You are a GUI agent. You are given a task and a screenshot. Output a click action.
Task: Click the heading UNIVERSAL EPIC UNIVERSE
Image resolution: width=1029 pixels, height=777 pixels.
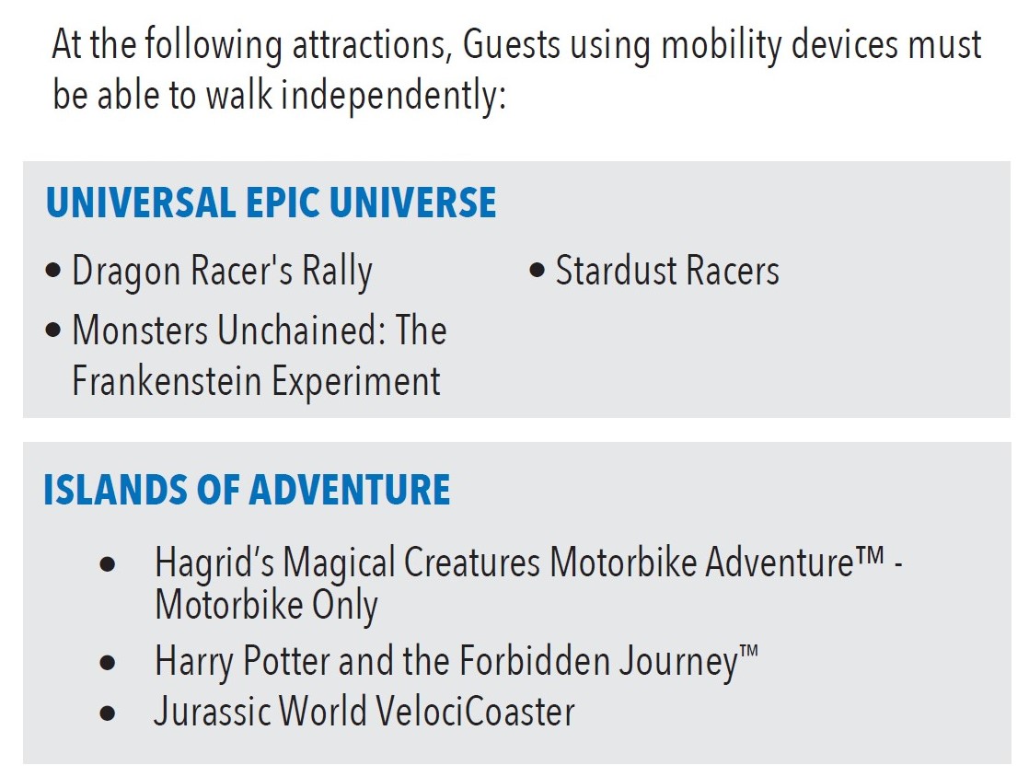click(x=271, y=203)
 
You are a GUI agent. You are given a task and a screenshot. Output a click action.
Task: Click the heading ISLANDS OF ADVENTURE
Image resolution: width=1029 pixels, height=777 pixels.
click(x=247, y=490)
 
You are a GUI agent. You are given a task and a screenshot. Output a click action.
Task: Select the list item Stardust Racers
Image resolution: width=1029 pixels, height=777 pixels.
click(x=667, y=271)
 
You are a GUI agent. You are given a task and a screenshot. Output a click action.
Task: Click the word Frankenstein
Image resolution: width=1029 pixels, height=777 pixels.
click(x=167, y=381)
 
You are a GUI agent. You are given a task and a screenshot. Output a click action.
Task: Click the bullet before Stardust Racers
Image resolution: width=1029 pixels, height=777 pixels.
click(x=537, y=271)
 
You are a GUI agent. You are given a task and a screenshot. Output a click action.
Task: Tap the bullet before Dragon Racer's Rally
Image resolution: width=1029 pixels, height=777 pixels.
click(x=53, y=271)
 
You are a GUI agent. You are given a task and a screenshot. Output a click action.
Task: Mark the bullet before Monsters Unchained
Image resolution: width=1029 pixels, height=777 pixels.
click(x=53, y=330)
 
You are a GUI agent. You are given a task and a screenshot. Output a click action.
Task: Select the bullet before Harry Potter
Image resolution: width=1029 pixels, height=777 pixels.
click(x=108, y=662)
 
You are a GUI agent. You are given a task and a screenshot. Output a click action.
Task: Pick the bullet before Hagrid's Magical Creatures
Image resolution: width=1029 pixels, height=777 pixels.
click(x=108, y=564)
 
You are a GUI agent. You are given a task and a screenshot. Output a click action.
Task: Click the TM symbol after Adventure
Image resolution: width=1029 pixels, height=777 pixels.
click(x=870, y=555)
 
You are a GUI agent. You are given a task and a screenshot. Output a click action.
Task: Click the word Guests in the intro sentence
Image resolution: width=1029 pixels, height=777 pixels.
click(x=512, y=45)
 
